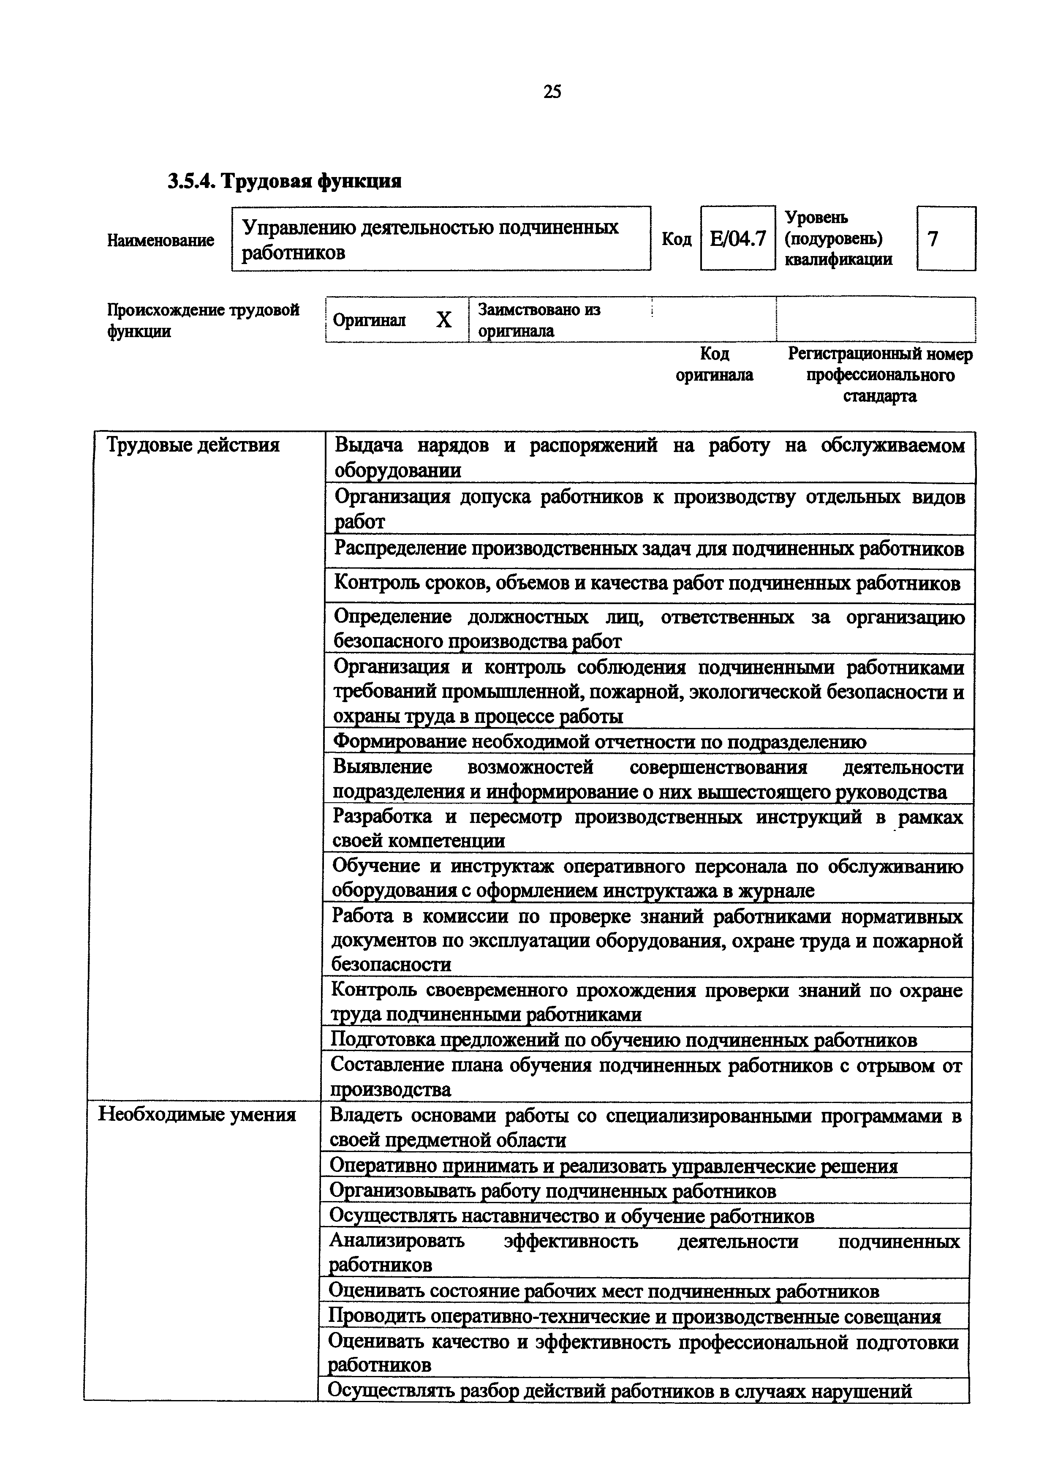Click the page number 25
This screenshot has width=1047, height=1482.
(552, 92)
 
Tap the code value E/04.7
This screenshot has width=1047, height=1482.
(737, 239)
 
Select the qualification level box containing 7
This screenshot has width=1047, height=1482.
(945, 239)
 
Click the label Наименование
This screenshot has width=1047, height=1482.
(160, 241)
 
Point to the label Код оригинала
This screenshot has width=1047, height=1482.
(714, 364)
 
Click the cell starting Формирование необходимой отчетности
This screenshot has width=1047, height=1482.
(599, 742)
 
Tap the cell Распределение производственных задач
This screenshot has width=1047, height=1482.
(648, 549)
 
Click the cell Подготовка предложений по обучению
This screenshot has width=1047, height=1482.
(623, 1040)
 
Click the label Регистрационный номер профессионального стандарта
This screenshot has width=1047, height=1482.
(880, 375)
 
